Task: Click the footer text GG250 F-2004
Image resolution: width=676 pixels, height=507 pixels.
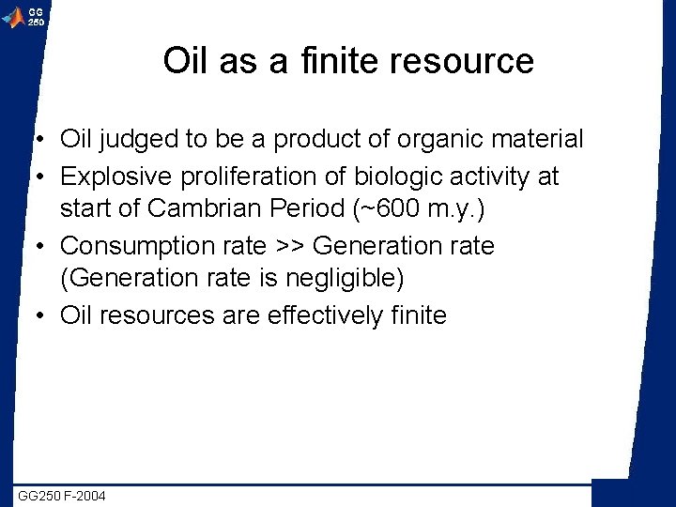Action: [x=63, y=495]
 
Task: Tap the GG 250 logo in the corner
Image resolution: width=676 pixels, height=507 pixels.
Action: [x=24, y=16]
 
